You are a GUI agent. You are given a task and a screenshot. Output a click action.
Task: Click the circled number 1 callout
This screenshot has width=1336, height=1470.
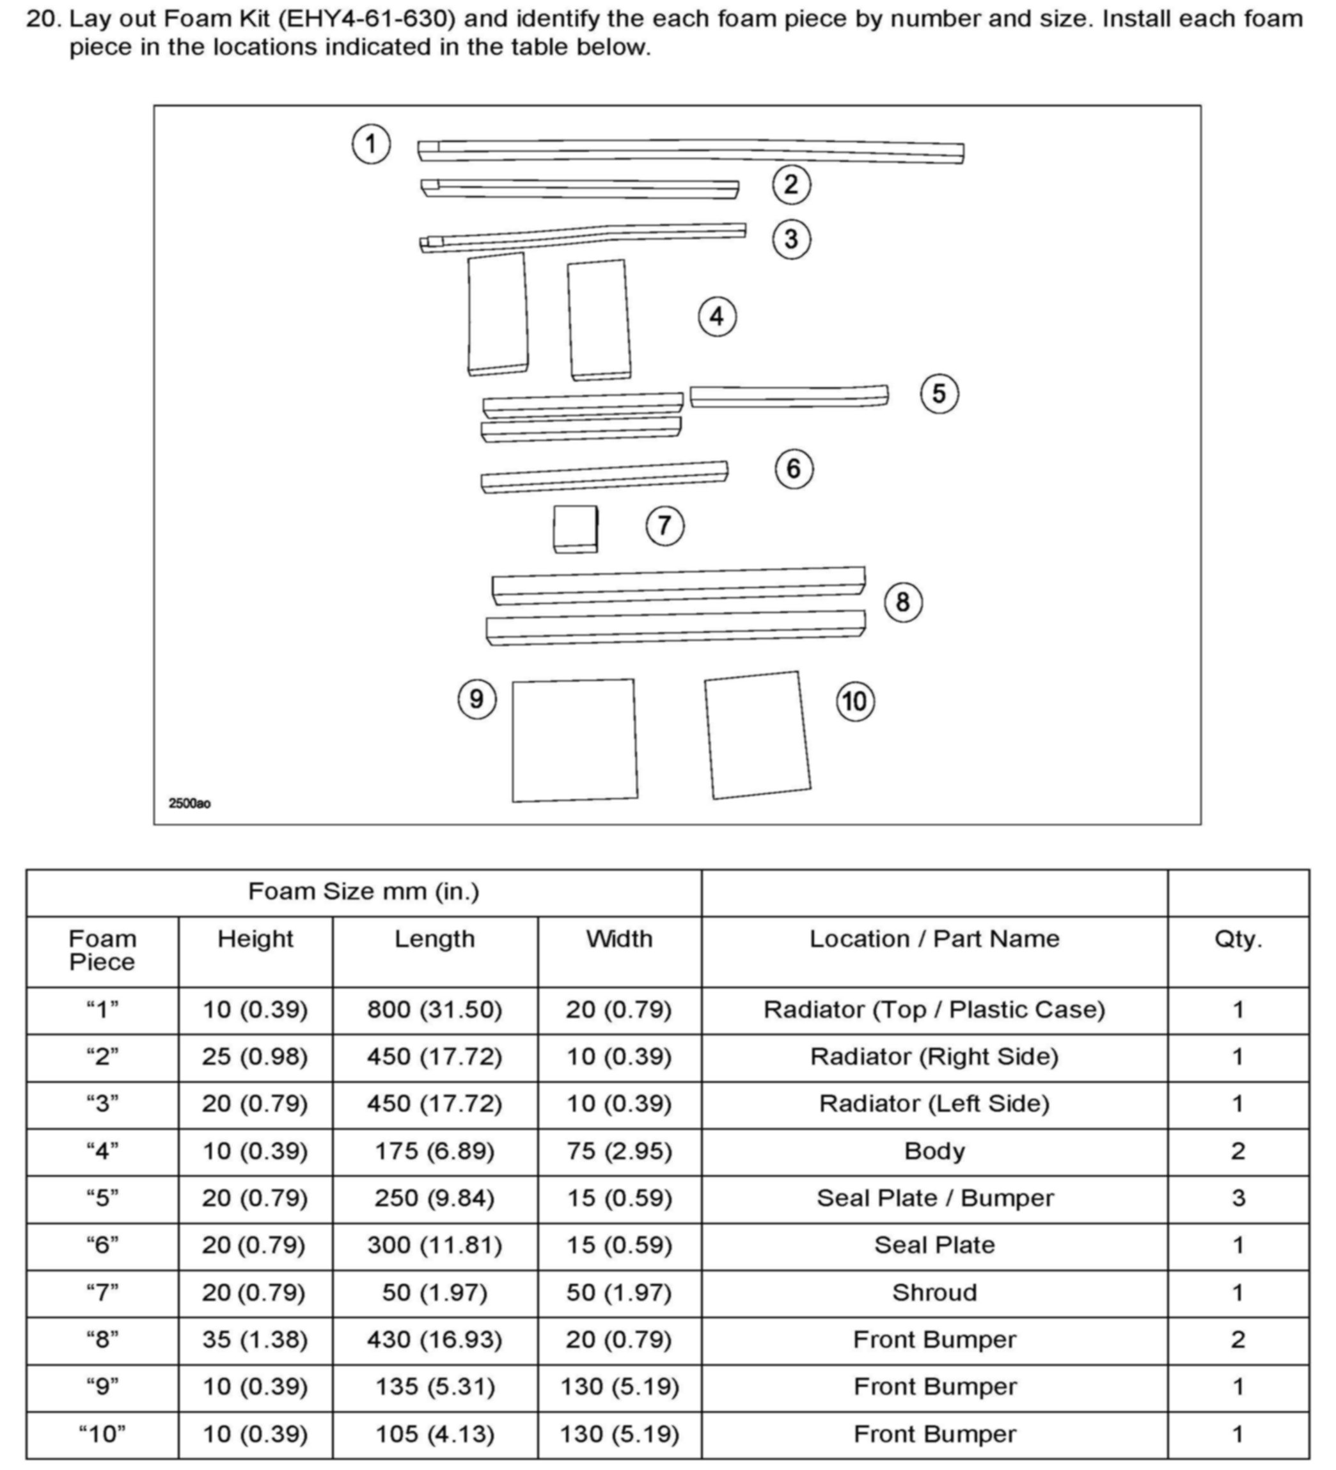click(x=371, y=143)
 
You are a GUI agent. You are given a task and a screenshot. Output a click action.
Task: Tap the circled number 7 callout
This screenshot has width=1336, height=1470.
click(x=664, y=525)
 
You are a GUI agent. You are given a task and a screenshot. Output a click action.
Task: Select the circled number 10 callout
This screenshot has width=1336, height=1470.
click(x=855, y=701)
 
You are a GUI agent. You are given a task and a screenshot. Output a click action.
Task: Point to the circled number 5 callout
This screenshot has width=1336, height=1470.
click(x=939, y=394)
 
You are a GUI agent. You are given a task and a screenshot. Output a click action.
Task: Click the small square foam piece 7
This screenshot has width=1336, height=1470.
click(x=575, y=529)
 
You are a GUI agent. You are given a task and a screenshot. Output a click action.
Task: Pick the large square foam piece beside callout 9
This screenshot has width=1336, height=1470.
click(x=574, y=740)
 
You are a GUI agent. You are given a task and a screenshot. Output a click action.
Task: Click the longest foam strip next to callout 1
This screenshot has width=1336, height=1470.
click(x=690, y=151)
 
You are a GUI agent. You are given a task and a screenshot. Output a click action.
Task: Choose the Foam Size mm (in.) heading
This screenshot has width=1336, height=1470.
click(x=364, y=891)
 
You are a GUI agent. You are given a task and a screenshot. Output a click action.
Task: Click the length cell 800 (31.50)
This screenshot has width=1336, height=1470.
click(x=434, y=1010)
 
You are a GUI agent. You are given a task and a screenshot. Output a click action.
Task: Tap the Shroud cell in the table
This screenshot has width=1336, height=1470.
click(x=934, y=1293)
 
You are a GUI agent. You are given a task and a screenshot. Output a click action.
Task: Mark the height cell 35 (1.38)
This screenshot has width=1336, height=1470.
click(x=255, y=1339)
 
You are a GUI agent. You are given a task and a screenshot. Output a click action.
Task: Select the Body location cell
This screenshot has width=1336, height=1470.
click(x=934, y=1151)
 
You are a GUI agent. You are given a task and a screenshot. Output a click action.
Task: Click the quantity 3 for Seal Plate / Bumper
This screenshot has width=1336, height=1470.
click(x=1238, y=1198)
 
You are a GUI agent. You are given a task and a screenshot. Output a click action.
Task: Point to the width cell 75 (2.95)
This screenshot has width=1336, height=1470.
click(x=619, y=1151)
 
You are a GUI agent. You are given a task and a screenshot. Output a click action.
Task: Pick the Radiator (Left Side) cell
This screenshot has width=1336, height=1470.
click(x=934, y=1104)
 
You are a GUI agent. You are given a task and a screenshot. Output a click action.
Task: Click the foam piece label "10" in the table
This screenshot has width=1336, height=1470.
click(x=102, y=1434)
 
